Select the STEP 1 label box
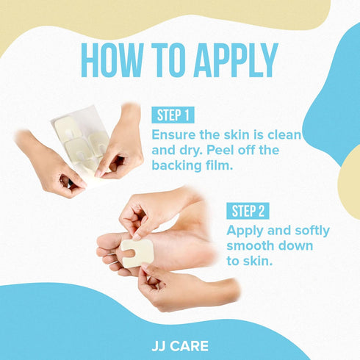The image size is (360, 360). coord(173,115)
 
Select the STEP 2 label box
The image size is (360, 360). coord(248,211)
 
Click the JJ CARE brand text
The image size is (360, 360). coord(180,346)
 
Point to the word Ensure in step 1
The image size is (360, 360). coord(173,134)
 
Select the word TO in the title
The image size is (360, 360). coord(168,60)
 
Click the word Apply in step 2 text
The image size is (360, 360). coord(245,231)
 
